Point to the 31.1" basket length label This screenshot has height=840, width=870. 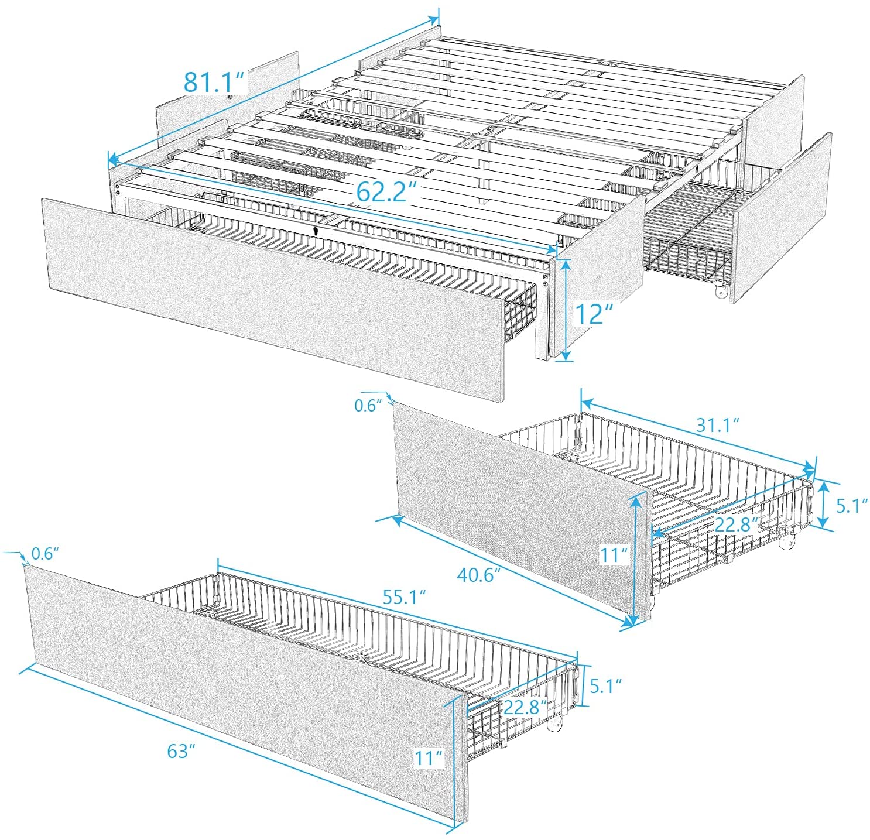coord(717,424)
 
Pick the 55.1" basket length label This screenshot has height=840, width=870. coord(403,597)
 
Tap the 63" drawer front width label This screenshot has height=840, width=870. coord(180,751)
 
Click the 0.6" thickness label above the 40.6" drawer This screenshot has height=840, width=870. coord(368,405)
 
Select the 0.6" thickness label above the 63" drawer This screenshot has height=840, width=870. coord(44,553)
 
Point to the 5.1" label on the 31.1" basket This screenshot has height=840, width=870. coord(851,505)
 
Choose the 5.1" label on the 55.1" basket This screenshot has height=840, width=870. coord(605,685)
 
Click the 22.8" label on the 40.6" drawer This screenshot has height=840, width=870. coord(736,524)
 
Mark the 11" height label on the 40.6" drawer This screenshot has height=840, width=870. coord(613,554)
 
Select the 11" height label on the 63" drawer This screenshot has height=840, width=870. coord(428,758)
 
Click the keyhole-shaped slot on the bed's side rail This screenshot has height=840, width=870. coord(316,231)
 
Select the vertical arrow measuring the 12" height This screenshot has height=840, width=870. coord(564,310)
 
